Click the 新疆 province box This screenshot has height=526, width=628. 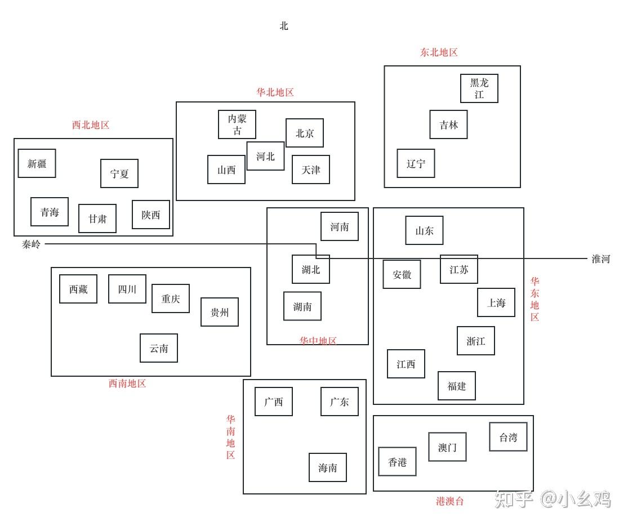(37, 163)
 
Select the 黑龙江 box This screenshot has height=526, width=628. (479, 88)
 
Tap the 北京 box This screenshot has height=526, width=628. (304, 133)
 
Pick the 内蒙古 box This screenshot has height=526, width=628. (237, 124)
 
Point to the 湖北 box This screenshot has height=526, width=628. (310, 269)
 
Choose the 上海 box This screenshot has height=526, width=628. (496, 302)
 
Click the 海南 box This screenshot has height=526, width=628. (327, 467)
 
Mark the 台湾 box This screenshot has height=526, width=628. (508, 437)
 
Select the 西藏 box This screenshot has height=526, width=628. (78, 289)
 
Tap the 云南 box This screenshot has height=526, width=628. (158, 348)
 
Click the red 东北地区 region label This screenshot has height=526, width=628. (439, 52)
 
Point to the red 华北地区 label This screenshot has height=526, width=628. (275, 92)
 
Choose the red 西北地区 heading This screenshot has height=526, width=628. (91, 125)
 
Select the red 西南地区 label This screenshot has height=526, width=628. (127, 384)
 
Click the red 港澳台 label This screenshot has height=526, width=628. (449, 501)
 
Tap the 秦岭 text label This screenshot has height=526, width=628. (32, 244)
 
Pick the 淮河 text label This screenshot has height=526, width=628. (600, 259)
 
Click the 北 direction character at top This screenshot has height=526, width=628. (284, 26)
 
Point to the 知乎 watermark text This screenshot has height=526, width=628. (513, 499)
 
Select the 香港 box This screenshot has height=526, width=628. (397, 462)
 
